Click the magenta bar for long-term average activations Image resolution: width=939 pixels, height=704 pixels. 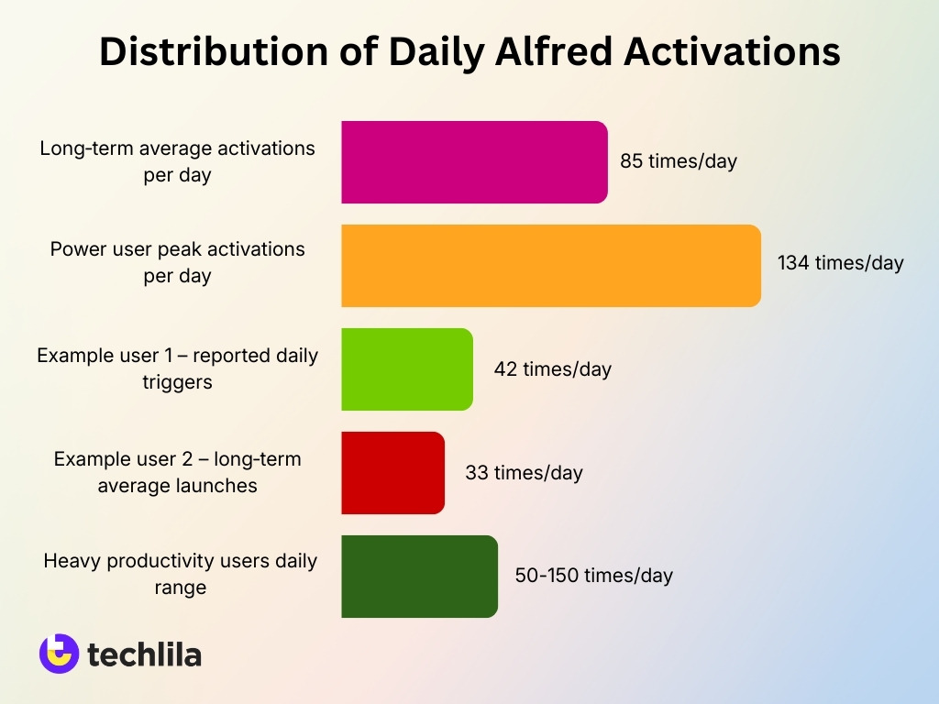pos(474,162)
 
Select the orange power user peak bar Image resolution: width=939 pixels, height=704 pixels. pos(551,266)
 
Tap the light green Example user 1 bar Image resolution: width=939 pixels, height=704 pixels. pos(407,369)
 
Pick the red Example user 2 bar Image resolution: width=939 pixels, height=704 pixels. pos(392,473)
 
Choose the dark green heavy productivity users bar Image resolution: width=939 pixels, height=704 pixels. pos(419,577)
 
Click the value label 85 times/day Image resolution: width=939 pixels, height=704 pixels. pos(679,161)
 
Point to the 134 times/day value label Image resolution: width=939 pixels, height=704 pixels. pos(840,263)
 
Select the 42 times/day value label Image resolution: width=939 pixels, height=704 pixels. pos(552,369)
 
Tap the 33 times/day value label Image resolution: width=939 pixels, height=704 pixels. pos(524,473)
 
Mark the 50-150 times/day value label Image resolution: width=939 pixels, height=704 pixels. pos(593,576)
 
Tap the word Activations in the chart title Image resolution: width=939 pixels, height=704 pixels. pos(732,52)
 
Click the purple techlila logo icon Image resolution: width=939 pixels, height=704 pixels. pos(59,654)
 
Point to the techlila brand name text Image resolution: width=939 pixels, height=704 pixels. pos(144,654)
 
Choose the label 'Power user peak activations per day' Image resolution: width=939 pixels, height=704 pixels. pos(177,262)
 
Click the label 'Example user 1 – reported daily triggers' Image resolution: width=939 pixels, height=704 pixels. pos(177,368)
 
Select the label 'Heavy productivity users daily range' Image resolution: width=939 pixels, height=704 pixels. pos(180,574)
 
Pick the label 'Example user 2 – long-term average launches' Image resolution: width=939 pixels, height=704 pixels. pos(177,472)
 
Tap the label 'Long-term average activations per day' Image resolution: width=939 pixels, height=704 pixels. pos(177,161)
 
